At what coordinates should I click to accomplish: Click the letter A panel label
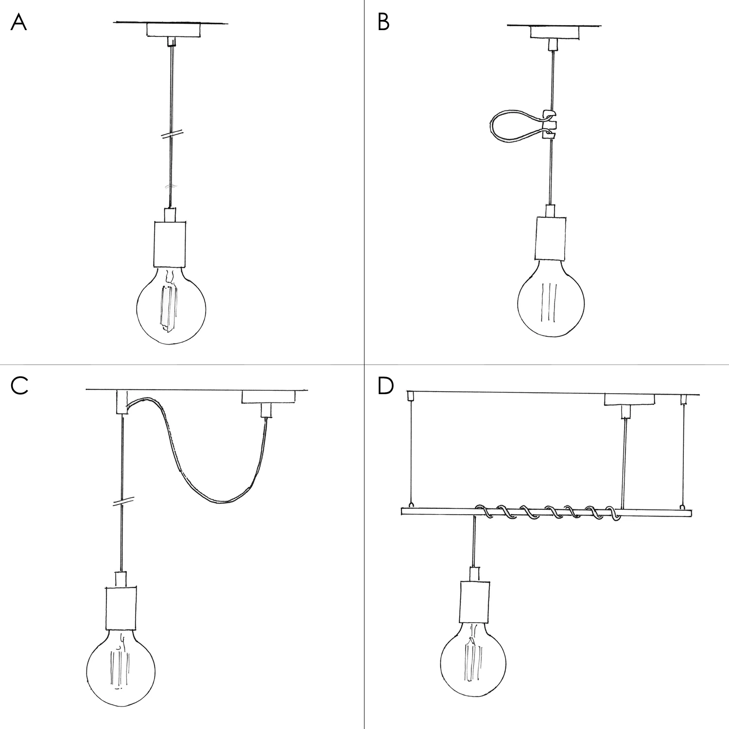pyautogui.click(x=18, y=22)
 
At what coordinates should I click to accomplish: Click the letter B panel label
pyautogui.click(x=383, y=22)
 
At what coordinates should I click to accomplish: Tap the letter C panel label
pyautogui.click(x=19, y=386)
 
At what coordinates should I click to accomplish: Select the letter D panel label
pyautogui.click(x=385, y=386)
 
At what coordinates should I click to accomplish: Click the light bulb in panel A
pyautogui.click(x=171, y=306)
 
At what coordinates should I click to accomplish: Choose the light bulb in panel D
pyautogui.click(x=473, y=663)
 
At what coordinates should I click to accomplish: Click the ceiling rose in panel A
pyautogui.click(x=174, y=30)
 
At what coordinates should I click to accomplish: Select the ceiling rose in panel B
pyautogui.click(x=555, y=32)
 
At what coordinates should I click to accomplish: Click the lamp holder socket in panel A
pyautogui.click(x=170, y=244)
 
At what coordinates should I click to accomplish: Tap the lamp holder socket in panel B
pyautogui.click(x=551, y=238)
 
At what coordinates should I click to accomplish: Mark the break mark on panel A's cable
pyautogui.click(x=172, y=135)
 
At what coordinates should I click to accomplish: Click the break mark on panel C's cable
pyautogui.click(x=123, y=501)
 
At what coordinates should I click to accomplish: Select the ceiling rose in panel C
pyautogui.click(x=268, y=397)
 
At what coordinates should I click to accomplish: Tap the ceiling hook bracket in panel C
pyautogui.click(x=121, y=402)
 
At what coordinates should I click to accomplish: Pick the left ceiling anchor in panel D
pyautogui.click(x=410, y=396)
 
